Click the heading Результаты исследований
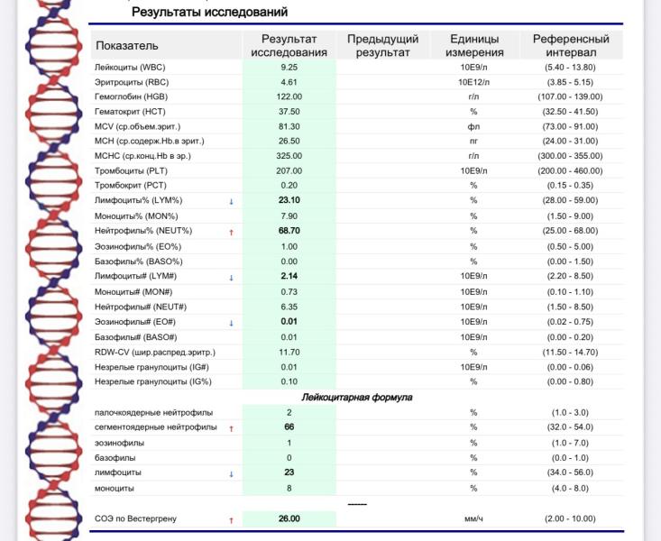pyautogui.click(x=209, y=13)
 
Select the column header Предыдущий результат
pyautogui.click(x=382, y=46)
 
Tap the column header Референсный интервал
pyautogui.click(x=571, y=46)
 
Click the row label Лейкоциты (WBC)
pyautogui.click(x=142, y=67)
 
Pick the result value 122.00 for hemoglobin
pyautogui.click(x=289, y=96)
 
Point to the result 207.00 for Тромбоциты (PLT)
pyautogui.click(x=289, y=170)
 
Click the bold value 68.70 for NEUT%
pyautogui.click(x=289, y=231)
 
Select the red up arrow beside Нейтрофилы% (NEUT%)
pyautogui.click(x=231, y=232)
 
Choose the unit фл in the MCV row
pyautogui.click(x=473, y=126)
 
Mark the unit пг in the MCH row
pyautogui.click(x=473, y=141)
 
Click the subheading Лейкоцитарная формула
pyautogui.click(x=356, y=397)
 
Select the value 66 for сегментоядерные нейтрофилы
pyautogui.click(x=289, y=426)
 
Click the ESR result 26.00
pyautogui.click(x=289, y=518)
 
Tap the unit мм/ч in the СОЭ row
pyautogui.click(x=473, y=519)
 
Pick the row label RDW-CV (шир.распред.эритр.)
pyautogui.click(x=155, y=352)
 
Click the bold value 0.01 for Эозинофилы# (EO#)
pyautogui.click(x=289, y=321)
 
